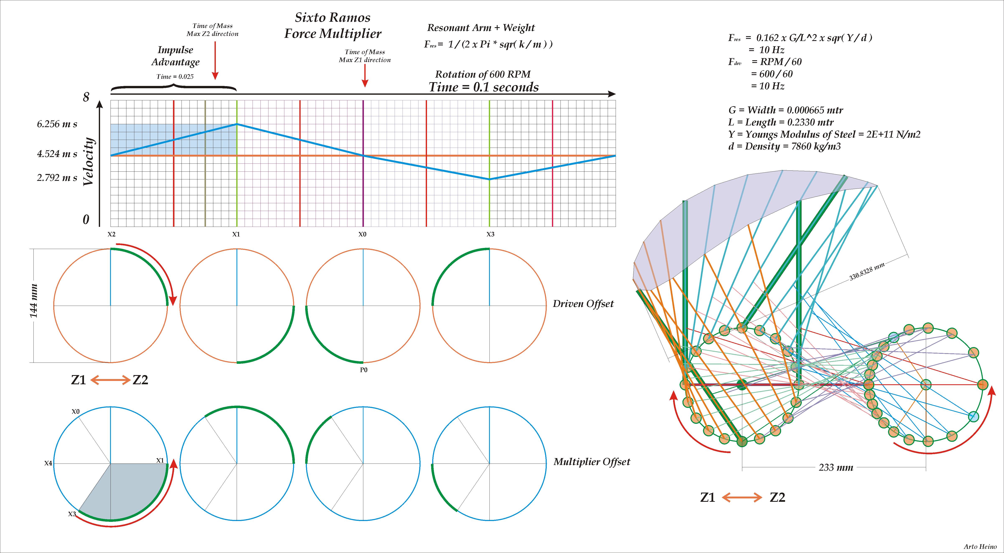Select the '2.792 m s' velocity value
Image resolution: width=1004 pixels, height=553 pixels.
click(x=57, y=178)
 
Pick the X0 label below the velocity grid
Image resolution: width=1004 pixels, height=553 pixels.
click(x=362, y=234)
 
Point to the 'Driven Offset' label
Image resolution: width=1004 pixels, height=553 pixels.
click(x=583, y=304)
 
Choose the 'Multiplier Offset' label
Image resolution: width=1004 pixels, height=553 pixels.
click(x=592, y=462)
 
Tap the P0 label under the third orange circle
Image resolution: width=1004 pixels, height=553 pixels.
click(x=363, y=370)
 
